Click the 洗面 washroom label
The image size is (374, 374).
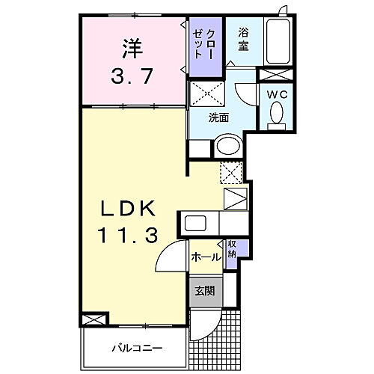tap(218, 117)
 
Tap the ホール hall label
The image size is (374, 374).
tap(206, 257)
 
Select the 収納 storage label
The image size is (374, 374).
tap(233, 249)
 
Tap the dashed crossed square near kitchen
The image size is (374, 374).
tap(231, 173)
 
